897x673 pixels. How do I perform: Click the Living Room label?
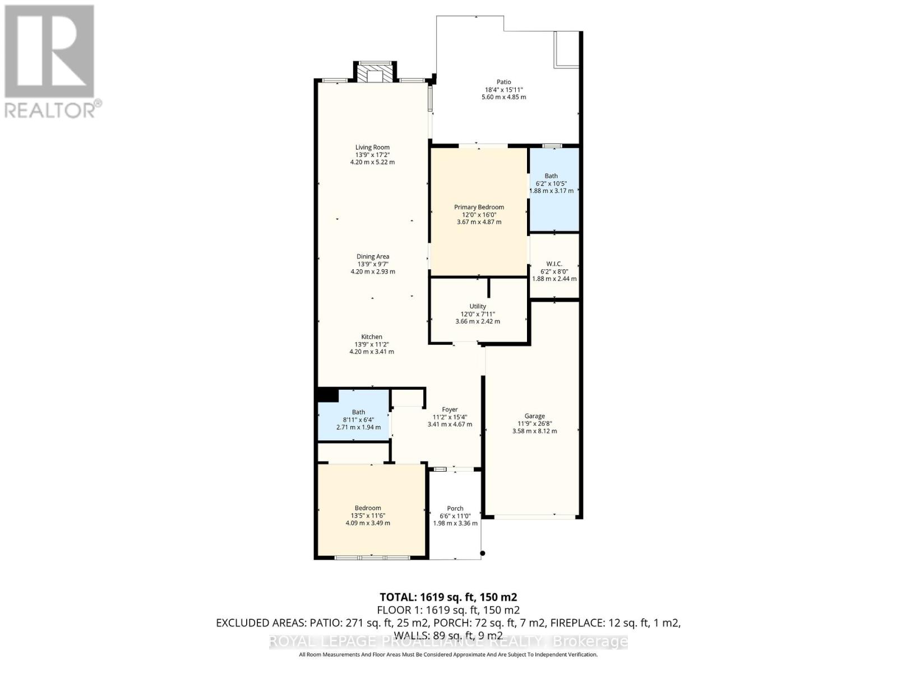[372, 147]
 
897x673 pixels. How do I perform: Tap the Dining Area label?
[373, 257]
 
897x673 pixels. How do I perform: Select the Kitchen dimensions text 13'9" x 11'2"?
[372, 344]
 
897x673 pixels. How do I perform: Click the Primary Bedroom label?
[479, 207]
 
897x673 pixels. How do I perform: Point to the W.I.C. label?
[554, 264]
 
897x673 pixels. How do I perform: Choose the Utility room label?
[478, 306]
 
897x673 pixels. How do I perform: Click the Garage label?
[534, 416]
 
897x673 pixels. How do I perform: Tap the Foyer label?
[449, 410]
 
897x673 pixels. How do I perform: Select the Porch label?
[455, 509]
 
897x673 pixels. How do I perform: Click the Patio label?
[503, 82]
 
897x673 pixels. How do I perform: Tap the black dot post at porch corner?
[482, 554]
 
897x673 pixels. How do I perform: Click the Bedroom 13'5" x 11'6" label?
[368, 508]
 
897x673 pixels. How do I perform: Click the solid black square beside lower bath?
[327, 395]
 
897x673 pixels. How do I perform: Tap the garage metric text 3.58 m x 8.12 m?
[534, 431]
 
